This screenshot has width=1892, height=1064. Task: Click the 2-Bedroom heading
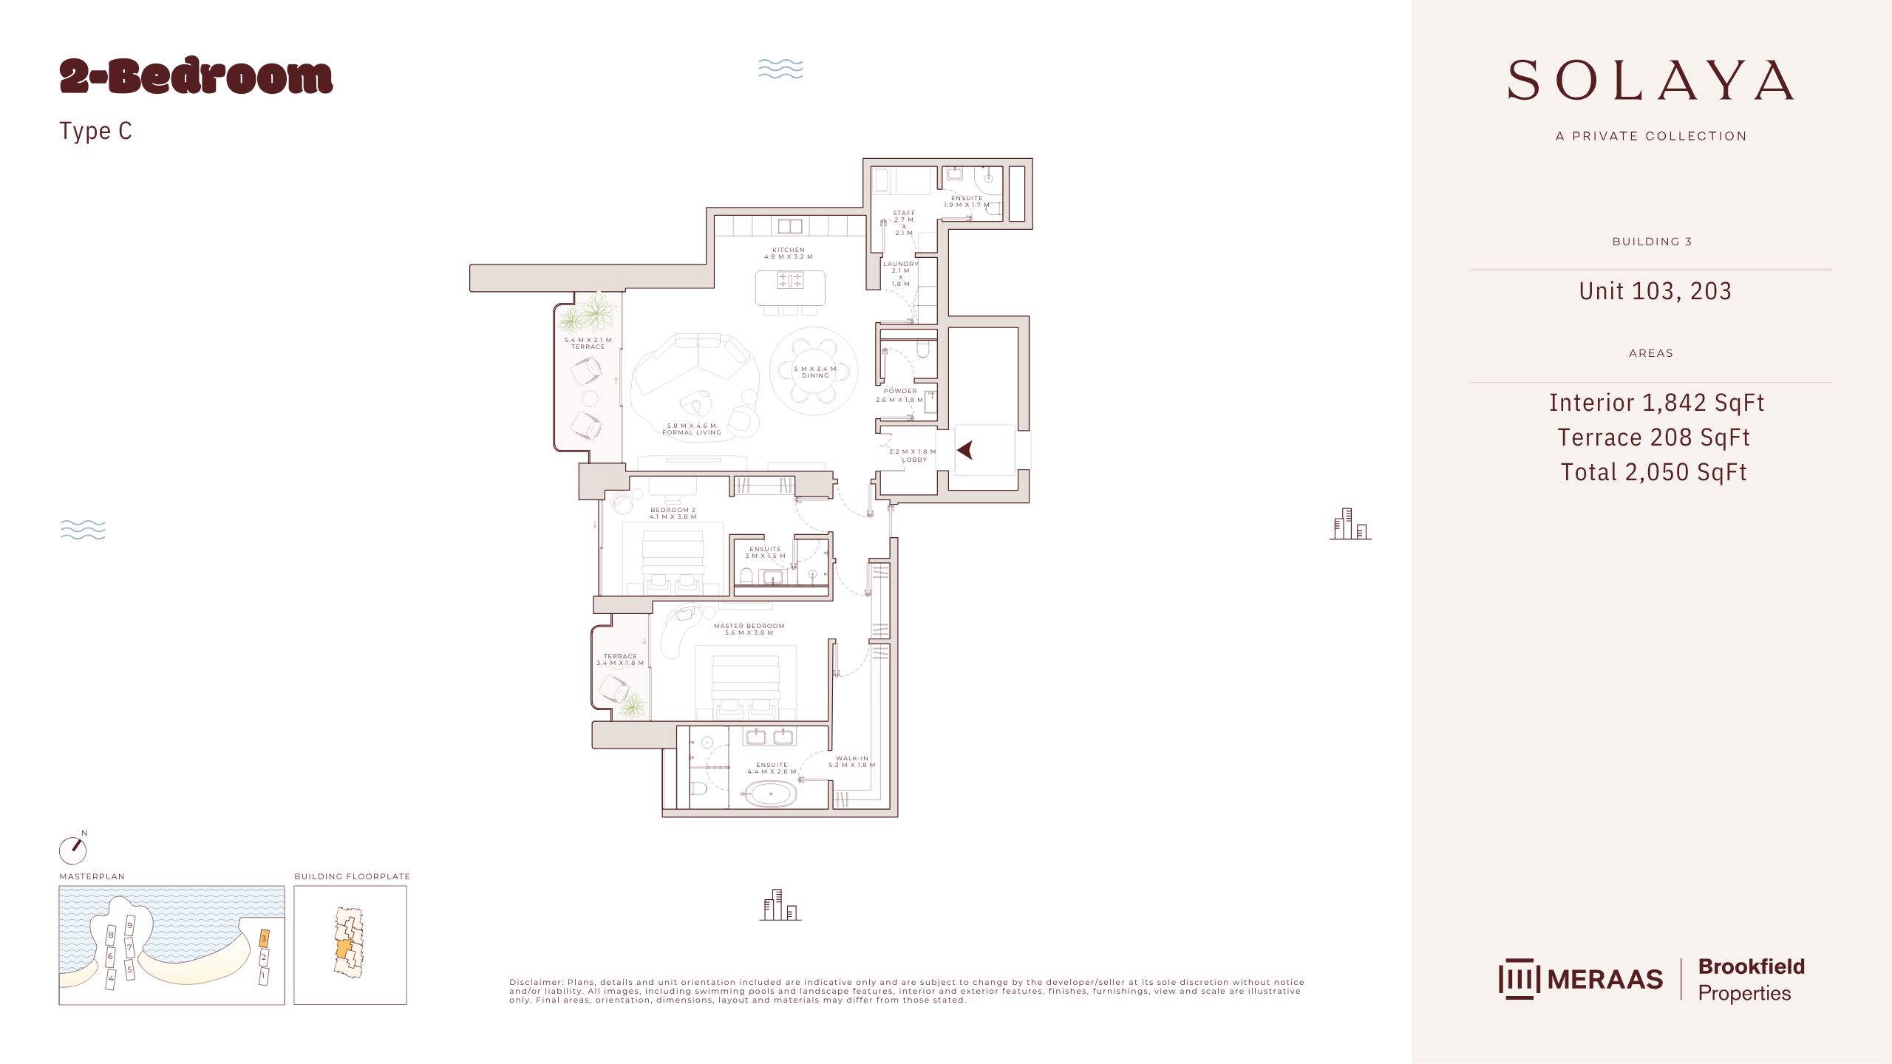coord(196,77)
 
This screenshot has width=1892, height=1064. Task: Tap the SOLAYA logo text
coord(1651,80)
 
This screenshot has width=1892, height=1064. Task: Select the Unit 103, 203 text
coord(1655,291)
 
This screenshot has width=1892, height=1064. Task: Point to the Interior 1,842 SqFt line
coord(1656,403)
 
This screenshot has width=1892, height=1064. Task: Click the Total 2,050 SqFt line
coord(1653,472)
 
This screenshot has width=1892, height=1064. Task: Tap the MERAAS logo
coord(1581,979)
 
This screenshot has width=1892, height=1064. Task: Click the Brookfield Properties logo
coord(1751,980)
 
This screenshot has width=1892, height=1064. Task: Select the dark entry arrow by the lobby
coord(965,449)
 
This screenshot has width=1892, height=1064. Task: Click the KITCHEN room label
coord(789,250)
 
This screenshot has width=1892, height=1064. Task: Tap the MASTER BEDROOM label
coord(749,626)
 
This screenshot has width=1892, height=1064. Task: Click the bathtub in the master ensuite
coord(771,794)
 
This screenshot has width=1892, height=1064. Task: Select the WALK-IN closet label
coord(852,758)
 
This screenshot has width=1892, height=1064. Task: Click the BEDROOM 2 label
coord(673,510)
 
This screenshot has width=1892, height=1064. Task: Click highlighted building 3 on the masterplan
coord(264,939)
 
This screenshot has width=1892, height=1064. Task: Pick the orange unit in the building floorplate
coord(344,949)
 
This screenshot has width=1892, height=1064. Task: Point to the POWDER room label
coord(900,391)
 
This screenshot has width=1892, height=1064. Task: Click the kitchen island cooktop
coord(789,281)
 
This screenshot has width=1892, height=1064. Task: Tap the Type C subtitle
coord(95,131)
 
